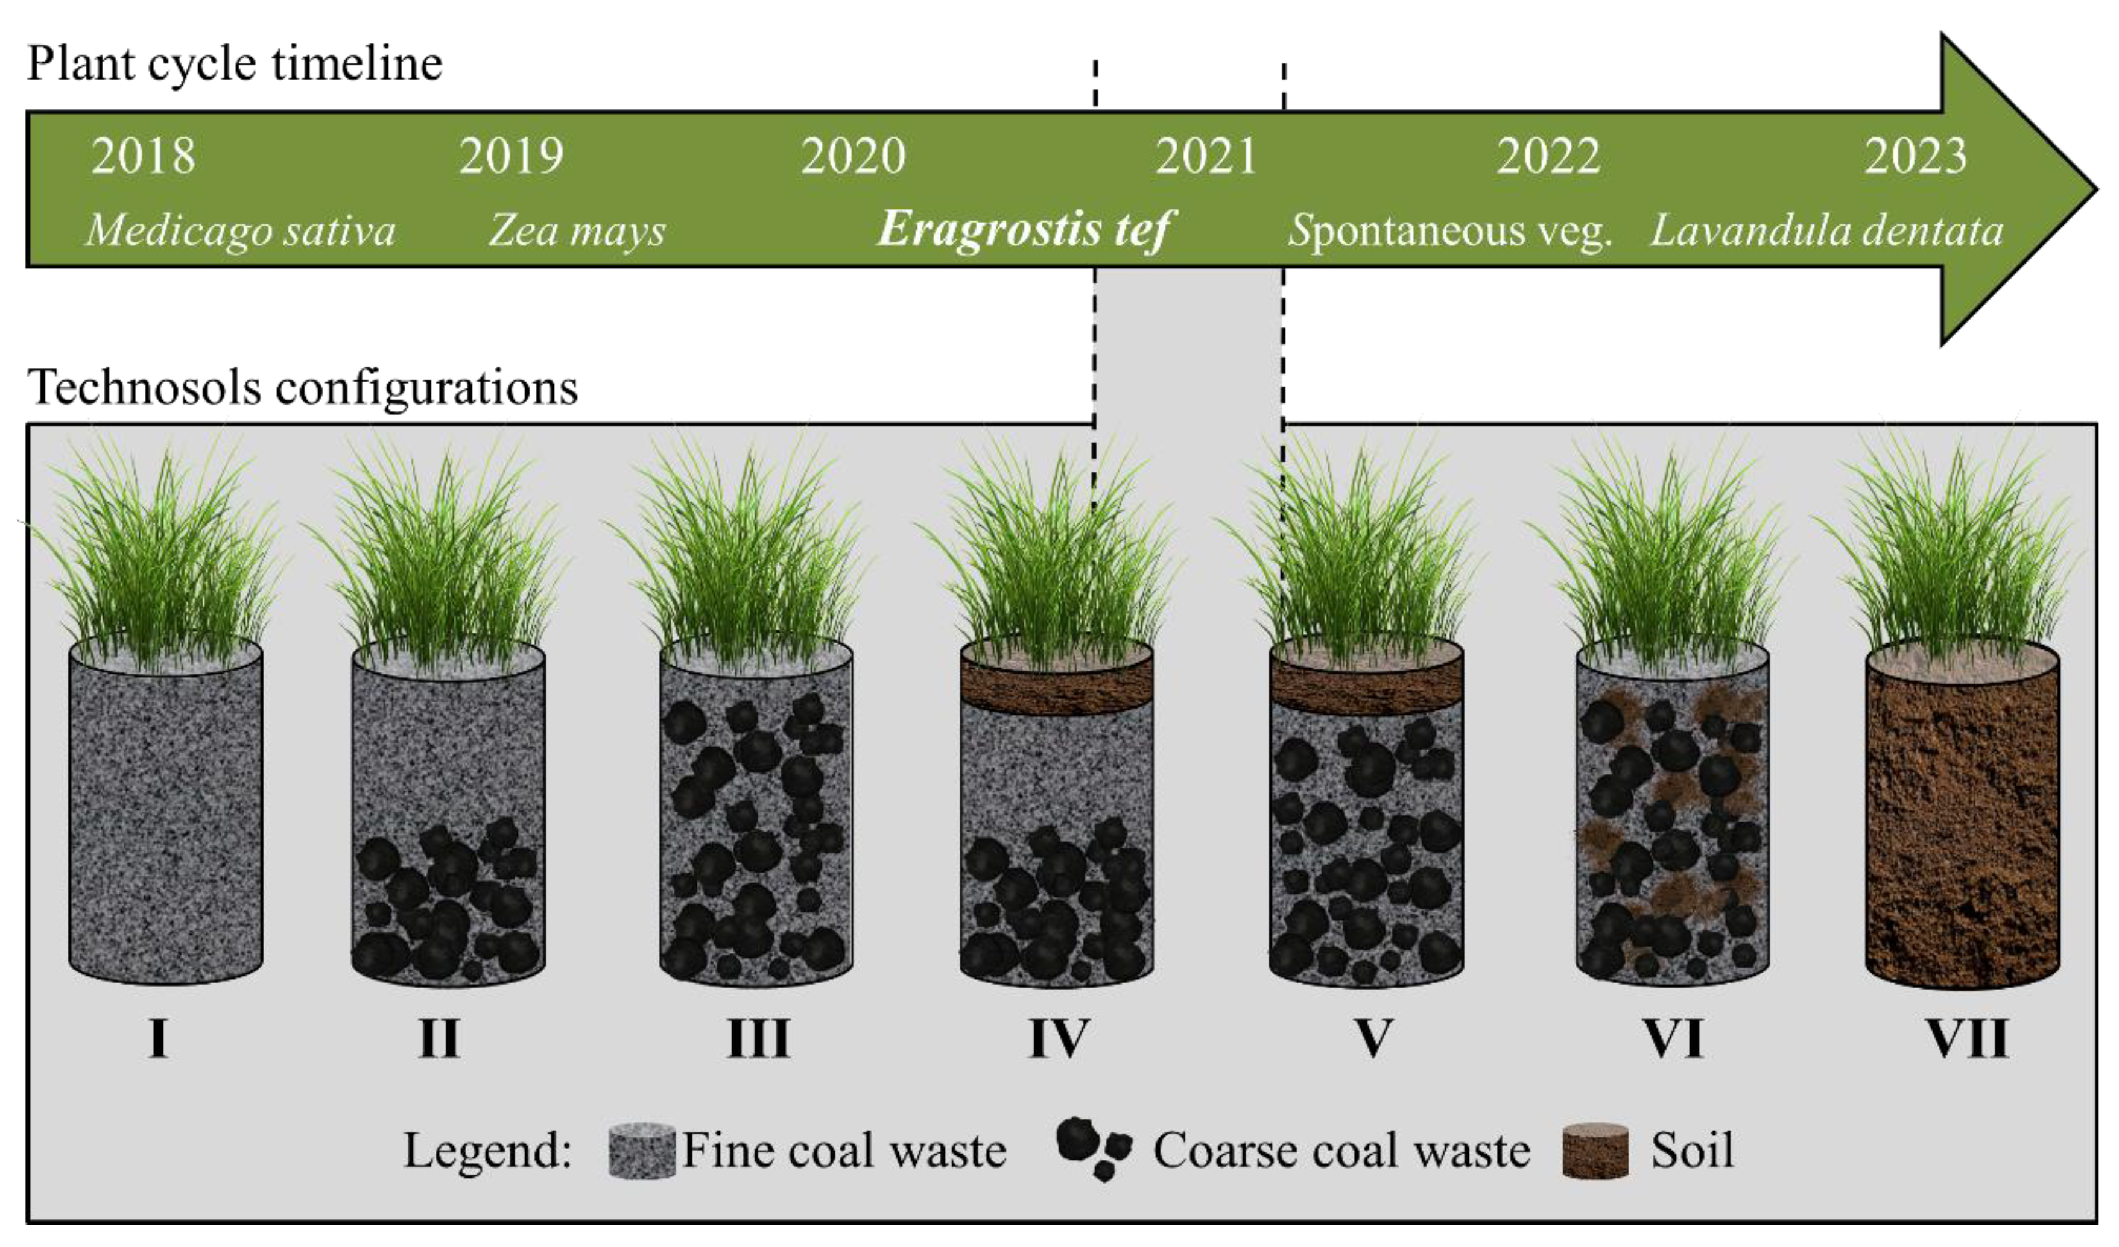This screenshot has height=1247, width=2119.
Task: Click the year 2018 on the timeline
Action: [x=143, y=156]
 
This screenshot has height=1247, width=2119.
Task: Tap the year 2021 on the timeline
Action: [x=1205, y=156]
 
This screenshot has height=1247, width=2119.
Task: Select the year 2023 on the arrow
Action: [x=1916, y=156]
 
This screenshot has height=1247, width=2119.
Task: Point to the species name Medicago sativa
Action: [x=241, y=230]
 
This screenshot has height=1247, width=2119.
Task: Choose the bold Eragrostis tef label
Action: [x=1024, y=229]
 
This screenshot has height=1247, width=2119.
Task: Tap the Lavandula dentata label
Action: [x=1826, y=230]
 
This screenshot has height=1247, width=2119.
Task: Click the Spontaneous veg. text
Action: [x=1449, y=230]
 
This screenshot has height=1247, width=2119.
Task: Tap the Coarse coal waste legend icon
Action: [x=1093, y=1147]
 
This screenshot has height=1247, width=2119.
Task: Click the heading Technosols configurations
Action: [x=303, y=388]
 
